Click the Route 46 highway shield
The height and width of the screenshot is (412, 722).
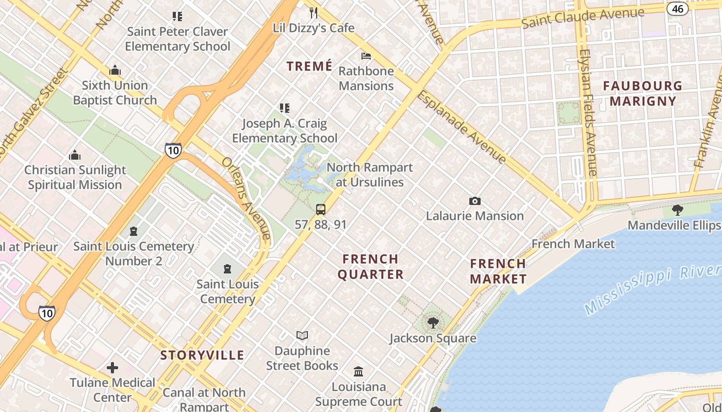click(x=678, y=8)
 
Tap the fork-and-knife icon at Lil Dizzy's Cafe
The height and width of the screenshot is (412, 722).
click(x=314, y=12)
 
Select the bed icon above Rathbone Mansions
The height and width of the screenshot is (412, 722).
click(x=366, y=56)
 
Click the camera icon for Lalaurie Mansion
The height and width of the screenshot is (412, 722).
click(x=474, y=201)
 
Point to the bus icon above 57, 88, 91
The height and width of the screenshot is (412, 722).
click(x=321, y=209)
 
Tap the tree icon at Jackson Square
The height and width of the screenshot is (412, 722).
click(x=433, y=323)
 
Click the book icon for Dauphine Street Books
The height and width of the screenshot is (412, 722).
click(x=302, y=336)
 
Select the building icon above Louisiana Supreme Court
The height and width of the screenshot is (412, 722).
click(x=358, y=371)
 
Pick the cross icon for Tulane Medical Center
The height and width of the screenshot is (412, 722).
click(x=112, y=368)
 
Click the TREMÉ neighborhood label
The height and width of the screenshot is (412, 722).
click(x=309, y=66)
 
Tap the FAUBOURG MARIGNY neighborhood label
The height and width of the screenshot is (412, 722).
click(x=643, y=93)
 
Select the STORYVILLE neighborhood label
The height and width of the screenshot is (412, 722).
click(x=202, y=355)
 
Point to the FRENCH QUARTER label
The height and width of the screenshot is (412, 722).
click(x=371, y=266)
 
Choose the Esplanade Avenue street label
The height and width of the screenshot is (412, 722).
click(x=462, y=127)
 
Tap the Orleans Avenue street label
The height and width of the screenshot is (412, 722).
click(x=247, y=198)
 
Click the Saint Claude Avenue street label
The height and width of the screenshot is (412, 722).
click(x=583, y=18)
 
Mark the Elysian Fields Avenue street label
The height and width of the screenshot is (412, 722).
click(x=588, y=113)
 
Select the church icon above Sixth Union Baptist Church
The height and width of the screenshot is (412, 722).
click(x=114, y=70)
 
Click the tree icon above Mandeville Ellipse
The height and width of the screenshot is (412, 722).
click(x=678, y=210)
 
